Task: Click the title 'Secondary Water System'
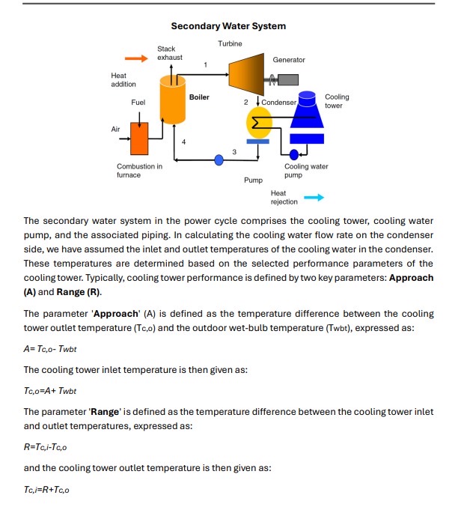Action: click(x=228, y=26)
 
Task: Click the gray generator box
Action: click(x=287, y=79)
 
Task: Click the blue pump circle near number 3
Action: click(x=219, y=160)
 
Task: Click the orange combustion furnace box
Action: click(x=138, y=138)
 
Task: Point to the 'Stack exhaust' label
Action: click(x=169, y=53)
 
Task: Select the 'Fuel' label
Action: click(x=138, y=101)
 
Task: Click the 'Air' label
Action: click(x=115, y=129)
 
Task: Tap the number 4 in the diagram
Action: click(x=183, y=142)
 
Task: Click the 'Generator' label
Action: click(x=288, y=60)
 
